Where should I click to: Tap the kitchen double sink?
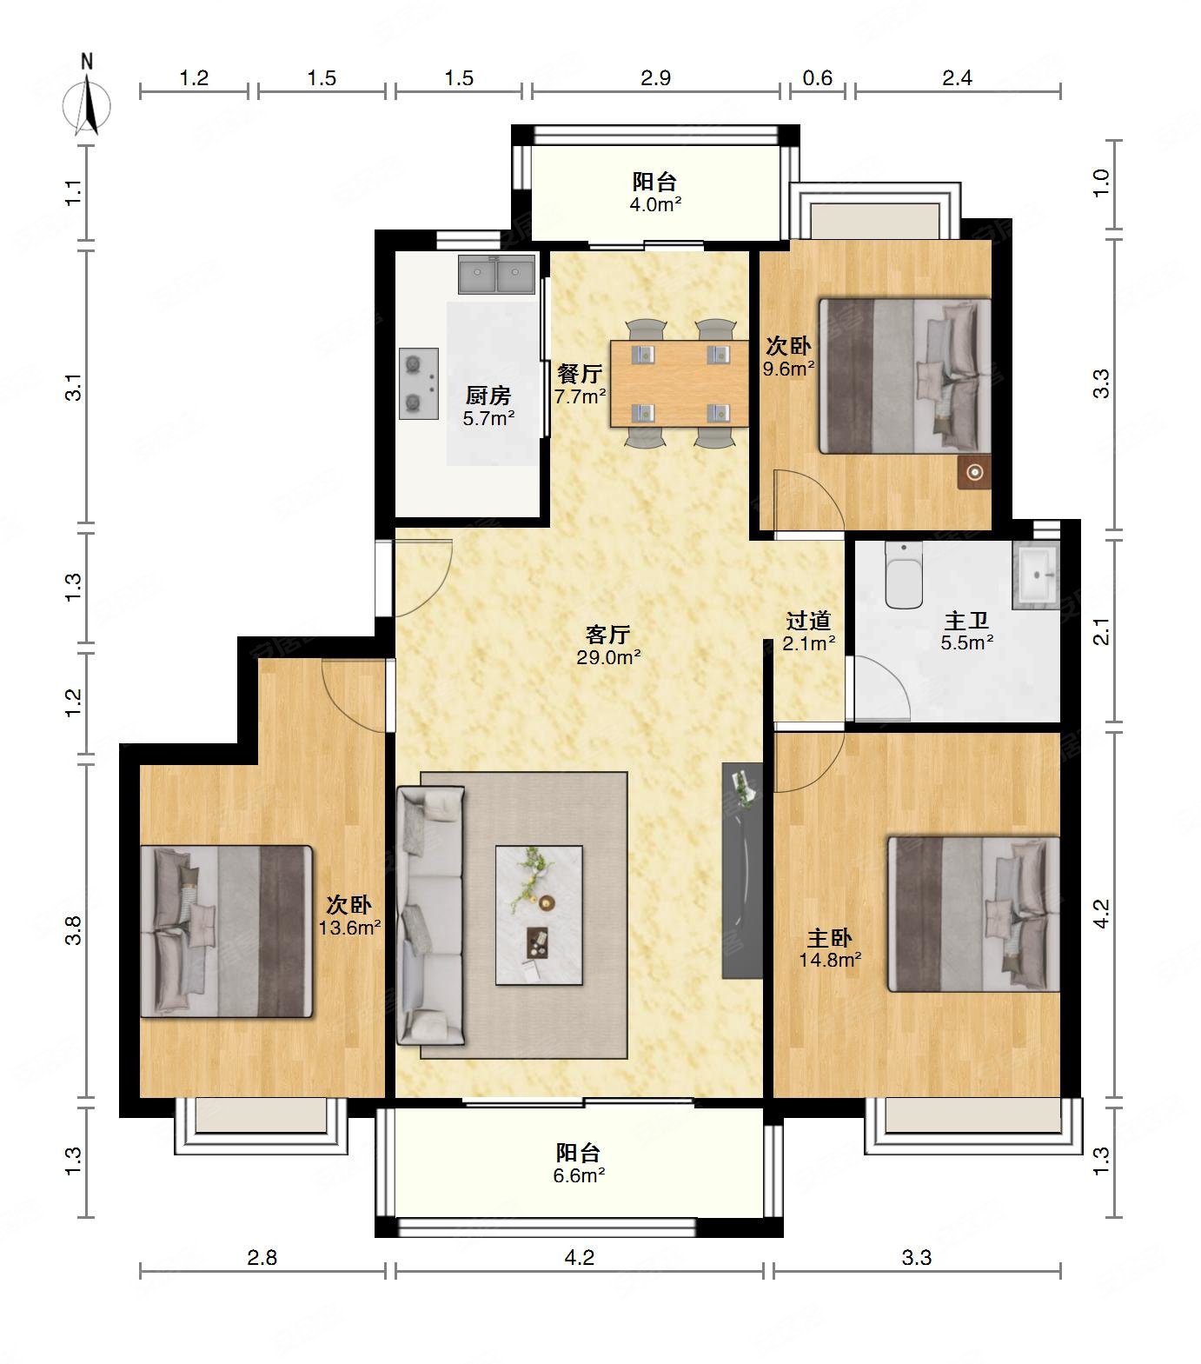(496, 275)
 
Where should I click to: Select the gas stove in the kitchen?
(419, 383)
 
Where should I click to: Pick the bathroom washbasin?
(1036, 573)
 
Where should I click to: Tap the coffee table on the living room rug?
(539, 915)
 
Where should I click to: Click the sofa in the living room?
(430, 915)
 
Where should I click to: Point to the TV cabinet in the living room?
(742, 871)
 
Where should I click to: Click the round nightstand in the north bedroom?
(975, 472)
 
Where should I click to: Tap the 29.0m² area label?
(608, 657)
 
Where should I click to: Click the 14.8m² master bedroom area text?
(830, 960)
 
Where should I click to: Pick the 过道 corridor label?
(809, 621)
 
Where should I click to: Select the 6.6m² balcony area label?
(580, 1175)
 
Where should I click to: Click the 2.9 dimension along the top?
(655, 78)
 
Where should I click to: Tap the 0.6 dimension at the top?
(817, 78)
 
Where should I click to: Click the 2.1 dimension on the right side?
(1102, 631)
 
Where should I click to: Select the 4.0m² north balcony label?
(655, 205)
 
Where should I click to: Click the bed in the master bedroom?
(973, 914)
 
